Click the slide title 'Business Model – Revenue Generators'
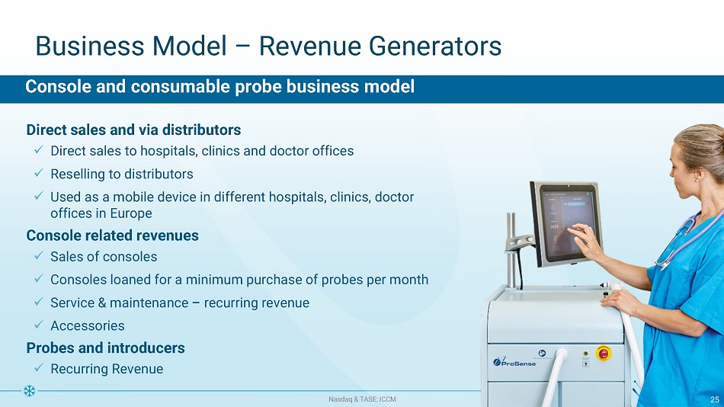[x=268, y=46]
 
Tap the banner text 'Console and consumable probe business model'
[x=219, y=86]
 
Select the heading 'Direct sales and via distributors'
[x=133, y=130]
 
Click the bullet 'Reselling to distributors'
[x=122, y=174]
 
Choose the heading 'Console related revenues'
[x=112, y=236]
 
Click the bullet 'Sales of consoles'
[x=104, y=256]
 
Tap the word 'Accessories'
[x=88, y=325]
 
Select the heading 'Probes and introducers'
[x=106, y=348]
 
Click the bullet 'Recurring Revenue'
[x=107, y=369]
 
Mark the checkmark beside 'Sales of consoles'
[x=39, y=255]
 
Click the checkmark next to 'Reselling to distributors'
[x=39, y=173]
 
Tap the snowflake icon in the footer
[x=30, y=391]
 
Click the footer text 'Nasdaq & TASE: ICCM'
[x=362, y=399]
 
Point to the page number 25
[x=715, y=399]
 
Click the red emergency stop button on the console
[x=603, y=354]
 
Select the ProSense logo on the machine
[x=515, y=362]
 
